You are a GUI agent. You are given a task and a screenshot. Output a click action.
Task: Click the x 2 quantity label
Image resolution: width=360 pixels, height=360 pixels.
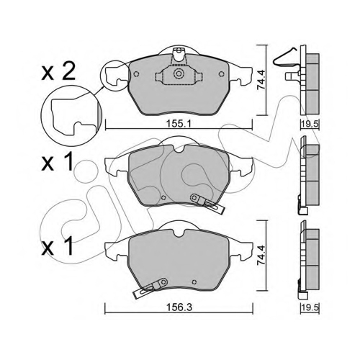[58, 71]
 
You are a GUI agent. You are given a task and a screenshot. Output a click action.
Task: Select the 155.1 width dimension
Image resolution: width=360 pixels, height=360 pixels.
[179, 124]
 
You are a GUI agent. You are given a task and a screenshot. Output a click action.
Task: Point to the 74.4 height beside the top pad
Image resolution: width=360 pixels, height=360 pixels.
[261, 80]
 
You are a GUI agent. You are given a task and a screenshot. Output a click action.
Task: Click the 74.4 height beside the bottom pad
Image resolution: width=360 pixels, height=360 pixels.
[261, 255]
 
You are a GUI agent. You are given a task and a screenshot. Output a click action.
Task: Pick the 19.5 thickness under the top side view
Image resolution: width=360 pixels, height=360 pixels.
[310, 124]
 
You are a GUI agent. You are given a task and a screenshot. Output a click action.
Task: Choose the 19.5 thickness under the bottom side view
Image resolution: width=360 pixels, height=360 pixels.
[310, 307]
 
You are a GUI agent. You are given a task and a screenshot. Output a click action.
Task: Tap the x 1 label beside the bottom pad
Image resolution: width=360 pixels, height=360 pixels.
[57, 245]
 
